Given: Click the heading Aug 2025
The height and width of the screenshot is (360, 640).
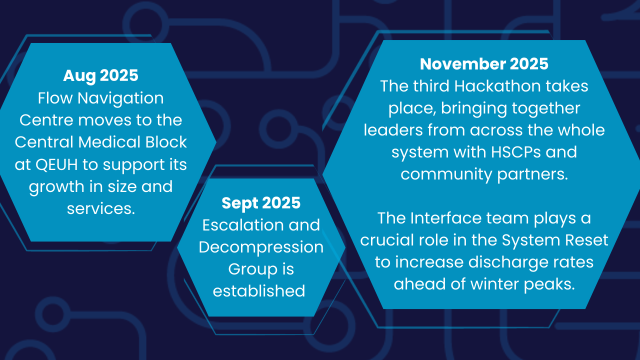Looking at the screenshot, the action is click(100, 76).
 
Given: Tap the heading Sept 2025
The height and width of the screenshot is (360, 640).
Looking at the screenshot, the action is click(261, 203).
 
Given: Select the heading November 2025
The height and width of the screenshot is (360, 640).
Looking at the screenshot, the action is click(484, 64).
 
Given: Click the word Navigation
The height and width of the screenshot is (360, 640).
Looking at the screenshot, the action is click(120, 99).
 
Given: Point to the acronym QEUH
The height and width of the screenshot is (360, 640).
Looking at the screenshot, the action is click(56, 165).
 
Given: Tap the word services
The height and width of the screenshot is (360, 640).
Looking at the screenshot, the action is click(101, 208).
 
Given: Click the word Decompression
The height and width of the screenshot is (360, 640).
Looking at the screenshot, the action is click(261, 247).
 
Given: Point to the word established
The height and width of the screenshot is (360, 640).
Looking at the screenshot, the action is click(259, 291).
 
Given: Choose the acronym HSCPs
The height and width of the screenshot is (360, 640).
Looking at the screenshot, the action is click(516, 152).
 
